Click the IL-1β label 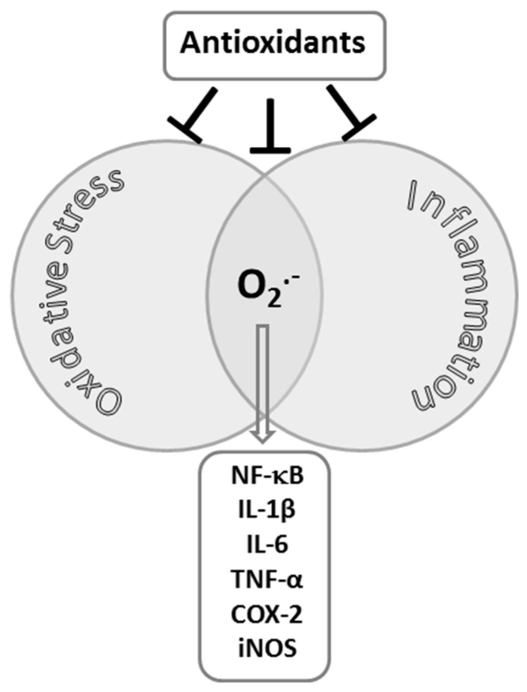pos(268,511)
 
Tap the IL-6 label pos(268,545)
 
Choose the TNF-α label pos(268,579)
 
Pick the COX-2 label pos(268,614)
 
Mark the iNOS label pos(268,648)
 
